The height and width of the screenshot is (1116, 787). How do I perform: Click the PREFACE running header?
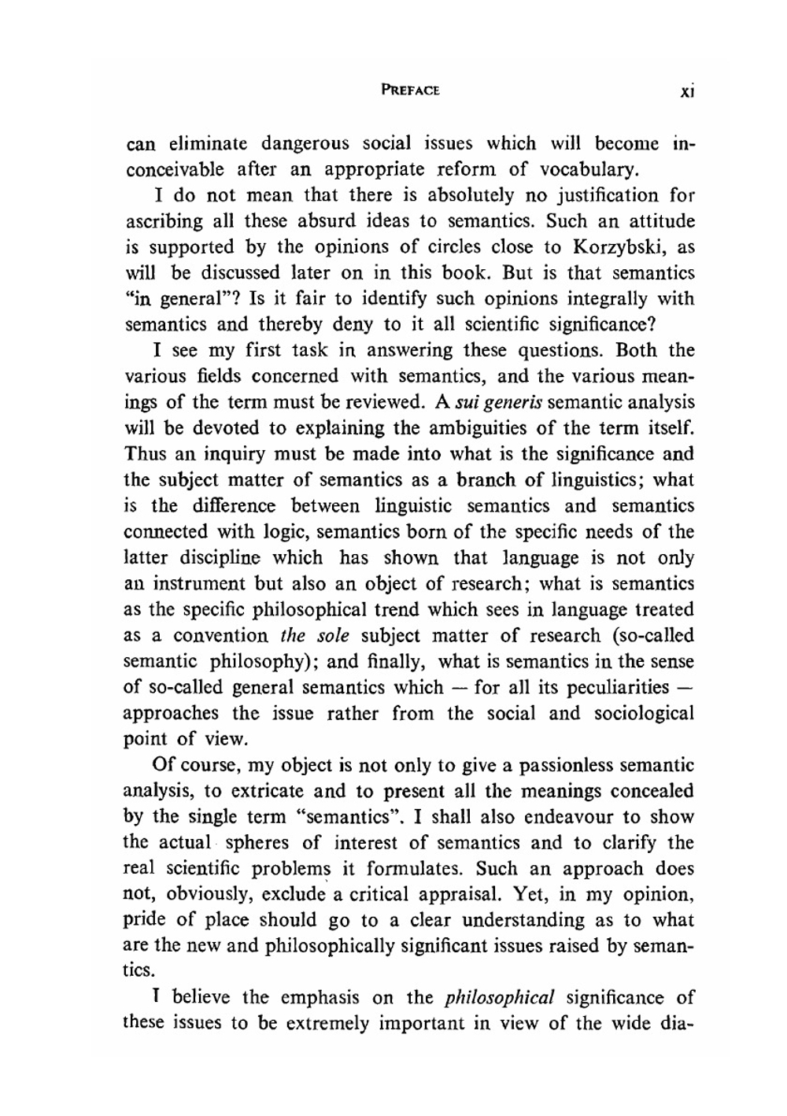410,90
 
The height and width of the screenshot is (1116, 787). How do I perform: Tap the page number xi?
686,91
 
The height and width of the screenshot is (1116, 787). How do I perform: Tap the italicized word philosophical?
500,998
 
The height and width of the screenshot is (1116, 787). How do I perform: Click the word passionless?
559,765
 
